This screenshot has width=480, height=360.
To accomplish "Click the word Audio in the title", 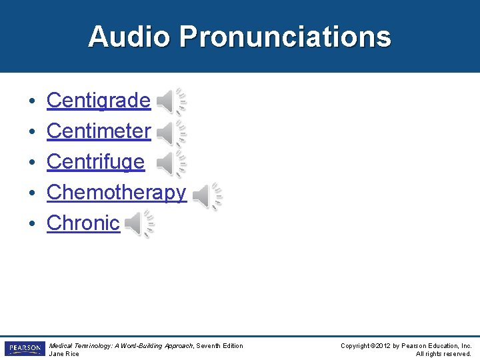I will (x=129, y=37).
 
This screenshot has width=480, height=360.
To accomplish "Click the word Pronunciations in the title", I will (x=285, y=37).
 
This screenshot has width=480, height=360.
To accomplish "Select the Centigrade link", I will (x=98, y=101).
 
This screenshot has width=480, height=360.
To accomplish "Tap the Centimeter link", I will (x=99, y=131).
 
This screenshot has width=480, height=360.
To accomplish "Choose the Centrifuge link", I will (x=95, y=162).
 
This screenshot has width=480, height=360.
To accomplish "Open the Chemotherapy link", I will (x=116, y=193).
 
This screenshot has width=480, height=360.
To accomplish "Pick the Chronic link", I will (x=83, y=223).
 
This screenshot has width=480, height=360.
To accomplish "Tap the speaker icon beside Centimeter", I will (x=171, y=133).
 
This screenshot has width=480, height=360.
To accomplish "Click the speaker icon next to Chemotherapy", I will (x=207, y=196).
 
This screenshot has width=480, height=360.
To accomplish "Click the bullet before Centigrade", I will (x=32, y=101).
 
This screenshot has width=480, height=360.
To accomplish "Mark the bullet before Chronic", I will (x=32, y=224).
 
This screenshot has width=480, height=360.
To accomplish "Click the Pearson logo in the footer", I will (x=24, y=349).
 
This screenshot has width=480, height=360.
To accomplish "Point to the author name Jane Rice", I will (x=64, y=354).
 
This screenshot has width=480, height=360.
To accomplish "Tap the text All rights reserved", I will (x=443, y=354).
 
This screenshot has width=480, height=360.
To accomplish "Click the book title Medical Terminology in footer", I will (x=78, y=345).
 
